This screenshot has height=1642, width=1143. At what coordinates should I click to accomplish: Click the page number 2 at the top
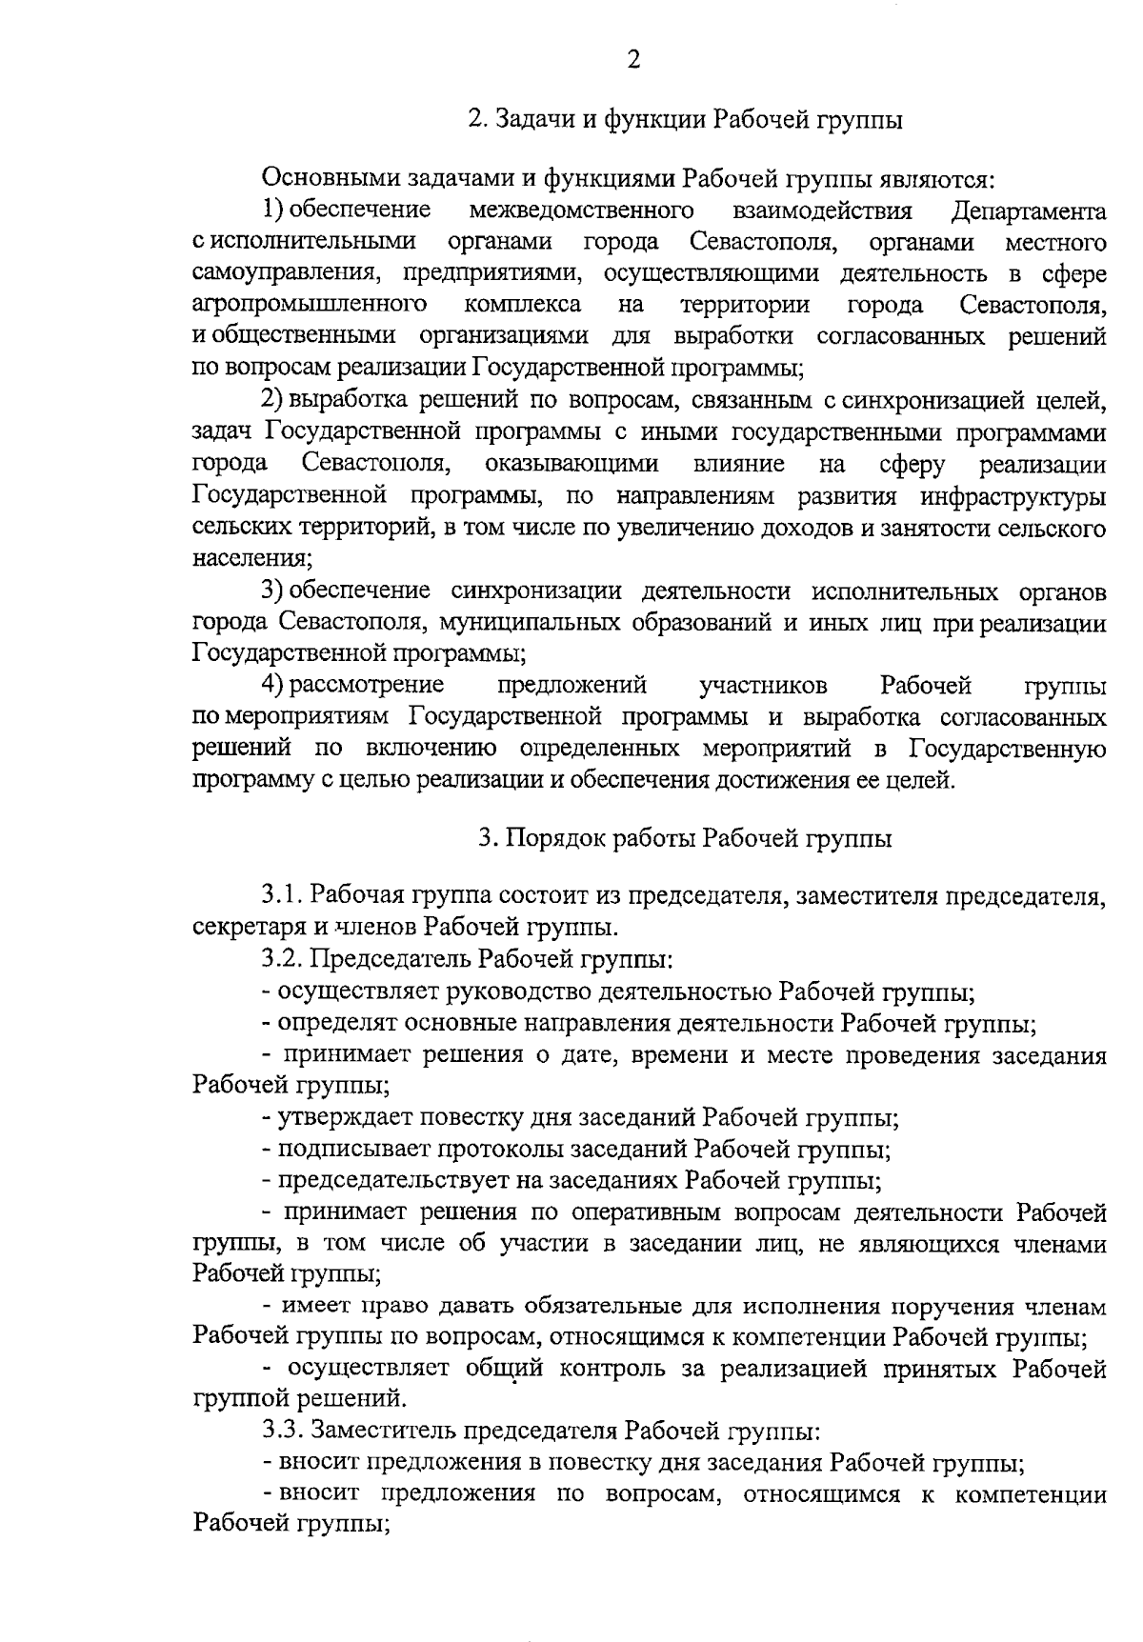click(633, 60)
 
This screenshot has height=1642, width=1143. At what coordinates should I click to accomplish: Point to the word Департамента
click(1029, 210)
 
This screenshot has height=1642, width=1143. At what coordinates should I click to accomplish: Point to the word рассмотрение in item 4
click(367, 685)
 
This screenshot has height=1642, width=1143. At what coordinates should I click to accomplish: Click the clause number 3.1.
click(282, 895)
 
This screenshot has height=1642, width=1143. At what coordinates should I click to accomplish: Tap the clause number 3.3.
click(282, 1430)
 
